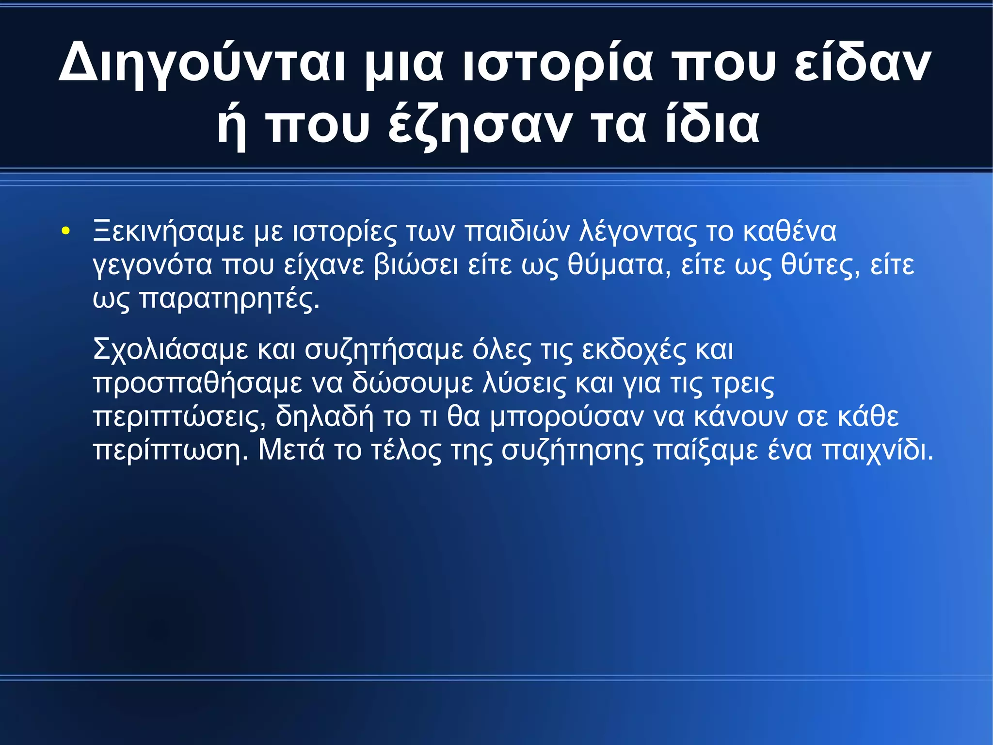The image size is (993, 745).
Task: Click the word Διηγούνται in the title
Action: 202,63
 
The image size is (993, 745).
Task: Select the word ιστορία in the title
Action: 558,63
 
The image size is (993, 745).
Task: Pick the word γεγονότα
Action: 153,265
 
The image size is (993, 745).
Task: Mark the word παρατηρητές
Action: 230,299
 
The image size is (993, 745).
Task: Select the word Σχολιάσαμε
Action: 170,349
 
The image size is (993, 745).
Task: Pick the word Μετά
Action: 291,450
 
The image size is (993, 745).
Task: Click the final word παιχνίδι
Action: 878,450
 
